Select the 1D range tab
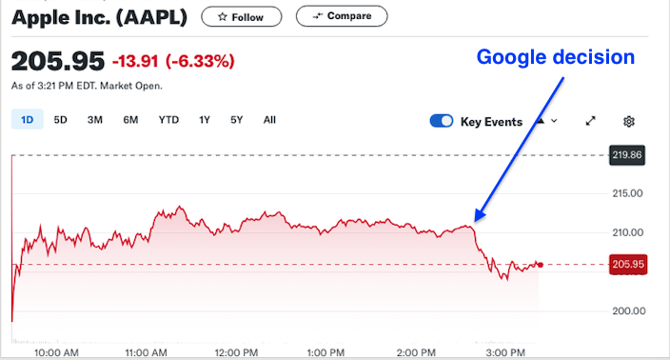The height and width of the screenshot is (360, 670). point(27,120)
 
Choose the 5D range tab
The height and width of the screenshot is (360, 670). point(60,120)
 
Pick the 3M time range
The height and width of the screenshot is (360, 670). point(95,120)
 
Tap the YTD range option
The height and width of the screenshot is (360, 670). point(168,120)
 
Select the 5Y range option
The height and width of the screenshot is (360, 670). point(237,120)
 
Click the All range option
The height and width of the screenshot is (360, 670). point(269,120)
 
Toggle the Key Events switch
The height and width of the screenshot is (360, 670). point(442,121)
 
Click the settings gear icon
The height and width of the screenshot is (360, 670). point(629,121)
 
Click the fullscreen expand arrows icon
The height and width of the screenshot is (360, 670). point(590,121)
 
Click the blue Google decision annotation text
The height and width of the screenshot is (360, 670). point(555,57)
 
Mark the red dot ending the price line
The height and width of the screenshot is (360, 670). point(540,265)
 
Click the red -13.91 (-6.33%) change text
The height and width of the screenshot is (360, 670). point(173,62)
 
